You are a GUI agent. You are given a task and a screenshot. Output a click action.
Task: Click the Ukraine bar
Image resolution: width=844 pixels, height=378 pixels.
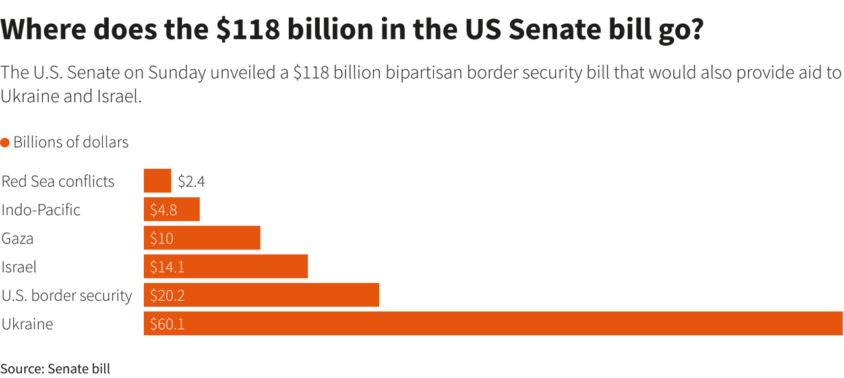tap(493, 323)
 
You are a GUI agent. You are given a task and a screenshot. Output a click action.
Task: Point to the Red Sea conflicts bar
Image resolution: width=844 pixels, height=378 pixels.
tap(157, 181)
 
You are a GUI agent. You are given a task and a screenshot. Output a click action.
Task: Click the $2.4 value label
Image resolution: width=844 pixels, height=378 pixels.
tap(191, 181)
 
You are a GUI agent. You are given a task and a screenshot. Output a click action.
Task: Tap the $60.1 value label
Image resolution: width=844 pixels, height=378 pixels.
tap(167, 324)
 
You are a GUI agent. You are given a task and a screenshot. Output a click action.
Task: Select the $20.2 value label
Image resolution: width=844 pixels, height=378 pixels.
tap(167, 296)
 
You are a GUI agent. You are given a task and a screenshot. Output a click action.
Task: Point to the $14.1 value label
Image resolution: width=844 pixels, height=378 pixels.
tap(167, 267)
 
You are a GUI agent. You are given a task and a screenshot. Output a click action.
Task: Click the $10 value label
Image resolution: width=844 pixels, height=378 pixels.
tap(162, 239)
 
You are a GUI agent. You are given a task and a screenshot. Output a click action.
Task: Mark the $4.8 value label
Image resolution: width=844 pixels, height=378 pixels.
tap(163, 210)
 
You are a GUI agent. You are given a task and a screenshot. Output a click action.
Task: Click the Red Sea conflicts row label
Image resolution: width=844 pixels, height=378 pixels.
tap(58, 181)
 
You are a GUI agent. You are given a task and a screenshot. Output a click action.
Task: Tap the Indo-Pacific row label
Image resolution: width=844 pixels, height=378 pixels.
tap(41, 210)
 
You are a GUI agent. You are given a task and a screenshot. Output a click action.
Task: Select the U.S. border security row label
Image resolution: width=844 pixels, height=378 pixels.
tap(67, 296)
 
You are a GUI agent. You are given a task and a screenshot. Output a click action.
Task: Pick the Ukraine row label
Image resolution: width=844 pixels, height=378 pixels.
tap(27, 324)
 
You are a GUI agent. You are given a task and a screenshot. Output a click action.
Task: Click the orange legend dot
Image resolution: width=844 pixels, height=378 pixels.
tap(5, 142)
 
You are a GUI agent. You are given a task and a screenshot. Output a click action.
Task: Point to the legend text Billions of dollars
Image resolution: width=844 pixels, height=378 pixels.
tap(71, 142)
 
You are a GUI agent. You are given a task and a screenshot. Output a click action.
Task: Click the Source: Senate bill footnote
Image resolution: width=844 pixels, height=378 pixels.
tap(55, 368)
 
